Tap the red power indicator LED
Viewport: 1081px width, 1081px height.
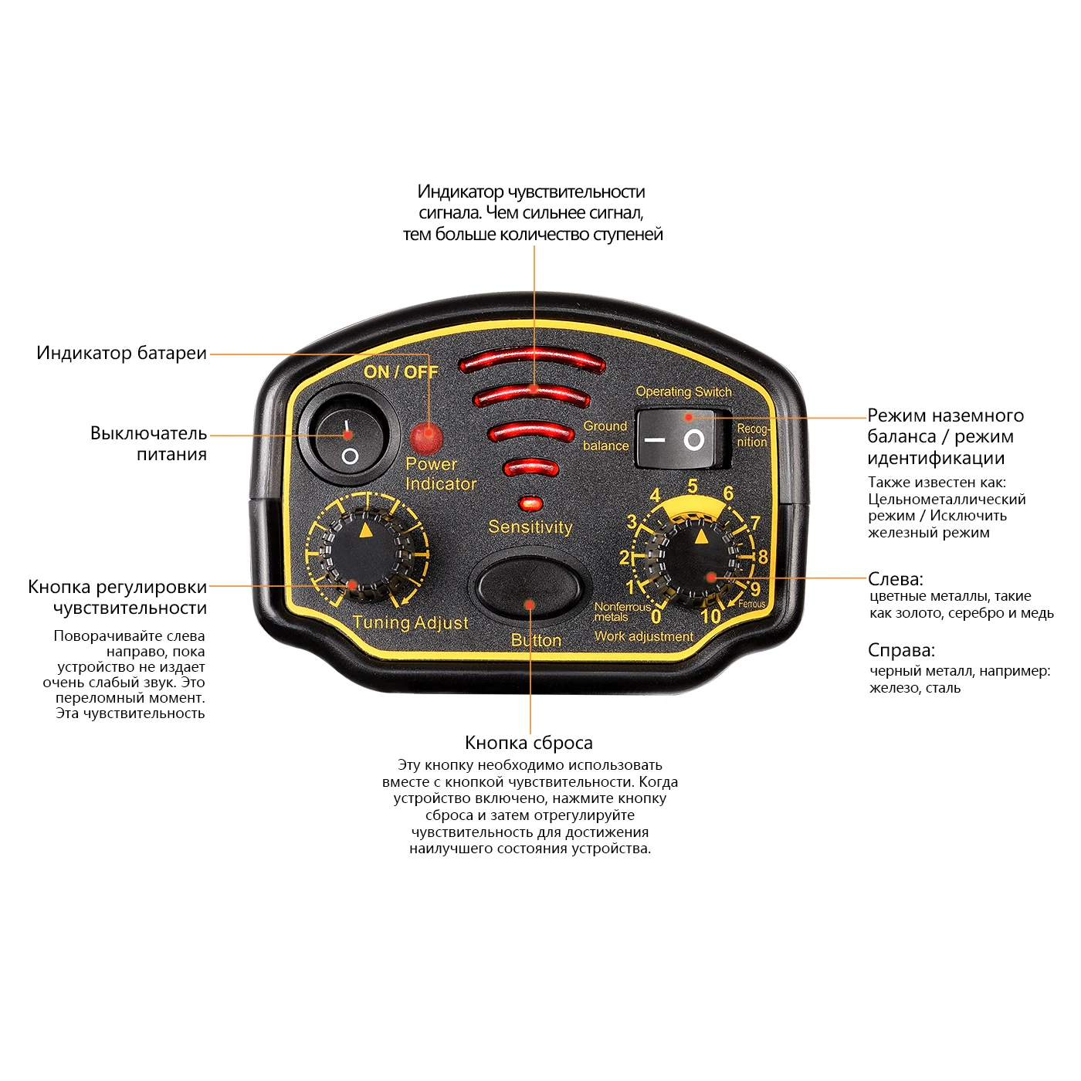(424, 438)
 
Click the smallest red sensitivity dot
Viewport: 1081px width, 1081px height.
(530, 503)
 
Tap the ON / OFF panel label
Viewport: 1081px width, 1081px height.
(401, 372)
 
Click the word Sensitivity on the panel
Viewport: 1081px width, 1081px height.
(530, 527)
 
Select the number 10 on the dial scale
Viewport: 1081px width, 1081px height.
(710, 616)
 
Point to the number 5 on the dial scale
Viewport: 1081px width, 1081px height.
(692, 486)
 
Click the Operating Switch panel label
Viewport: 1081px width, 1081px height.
(683, 391)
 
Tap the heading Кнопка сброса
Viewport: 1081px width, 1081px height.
(529, 743)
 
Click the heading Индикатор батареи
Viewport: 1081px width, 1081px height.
(122, 354)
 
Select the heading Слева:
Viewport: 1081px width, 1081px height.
(895, 579)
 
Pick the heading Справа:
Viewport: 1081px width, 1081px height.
(901, 650)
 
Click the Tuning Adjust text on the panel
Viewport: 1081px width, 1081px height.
(411, 622)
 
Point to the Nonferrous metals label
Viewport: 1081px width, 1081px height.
(621, 612)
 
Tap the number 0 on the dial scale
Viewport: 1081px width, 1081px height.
(656, 616)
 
